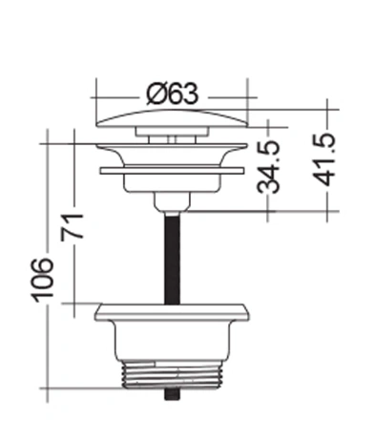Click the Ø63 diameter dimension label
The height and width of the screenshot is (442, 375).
click(x=172, y=94)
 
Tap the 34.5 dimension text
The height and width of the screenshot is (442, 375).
click(x=268, y=167)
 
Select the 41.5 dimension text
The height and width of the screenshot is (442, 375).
click(x=323, y=159)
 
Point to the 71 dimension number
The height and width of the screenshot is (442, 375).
click(x=73, y=226)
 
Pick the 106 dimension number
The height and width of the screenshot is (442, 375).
click(x=42, y=280)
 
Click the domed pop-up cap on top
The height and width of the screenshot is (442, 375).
click(x=172, y=118)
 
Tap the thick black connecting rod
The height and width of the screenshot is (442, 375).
click(x=172, y=259)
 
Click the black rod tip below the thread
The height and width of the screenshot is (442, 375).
click(x=172, y=394)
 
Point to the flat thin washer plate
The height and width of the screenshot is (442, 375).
click(x=172, y=171)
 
